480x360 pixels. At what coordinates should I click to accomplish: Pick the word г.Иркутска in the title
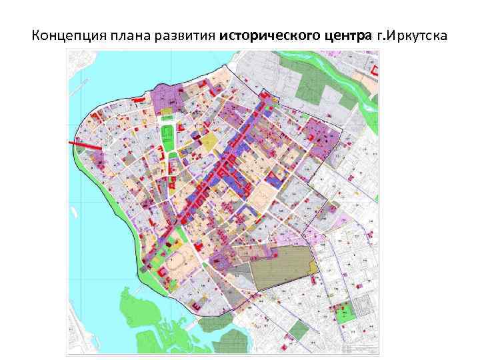pyautogui.click(x=412, y=35)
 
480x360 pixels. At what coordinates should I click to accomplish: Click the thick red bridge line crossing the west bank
pyautogui.click(x=85, y=145)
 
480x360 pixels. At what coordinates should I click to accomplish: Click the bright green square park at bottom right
pyautogui.click(x=346, y=313)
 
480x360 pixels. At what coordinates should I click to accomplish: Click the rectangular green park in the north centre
pyautogui.click(x=168, y=141)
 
